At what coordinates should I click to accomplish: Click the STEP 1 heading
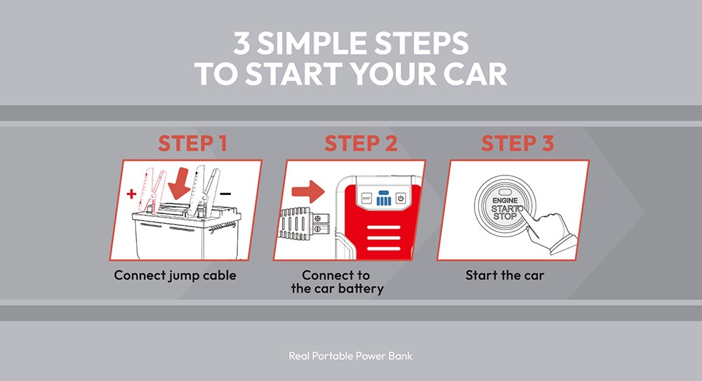pos(192,143)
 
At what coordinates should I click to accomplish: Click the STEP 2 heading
pos(361,143)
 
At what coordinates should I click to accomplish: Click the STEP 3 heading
pos(517,143)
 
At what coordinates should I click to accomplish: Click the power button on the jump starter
pos(401,198)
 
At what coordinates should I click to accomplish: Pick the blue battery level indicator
pos(383,198)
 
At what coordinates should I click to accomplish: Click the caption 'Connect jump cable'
pos(175,275)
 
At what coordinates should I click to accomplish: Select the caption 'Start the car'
pos(505,275)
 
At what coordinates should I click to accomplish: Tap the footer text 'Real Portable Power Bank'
pos(350,356)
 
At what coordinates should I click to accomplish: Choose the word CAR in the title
pos(472,74)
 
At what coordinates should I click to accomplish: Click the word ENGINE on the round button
pos(504,200)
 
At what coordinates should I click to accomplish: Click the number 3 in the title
pos(242,45)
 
